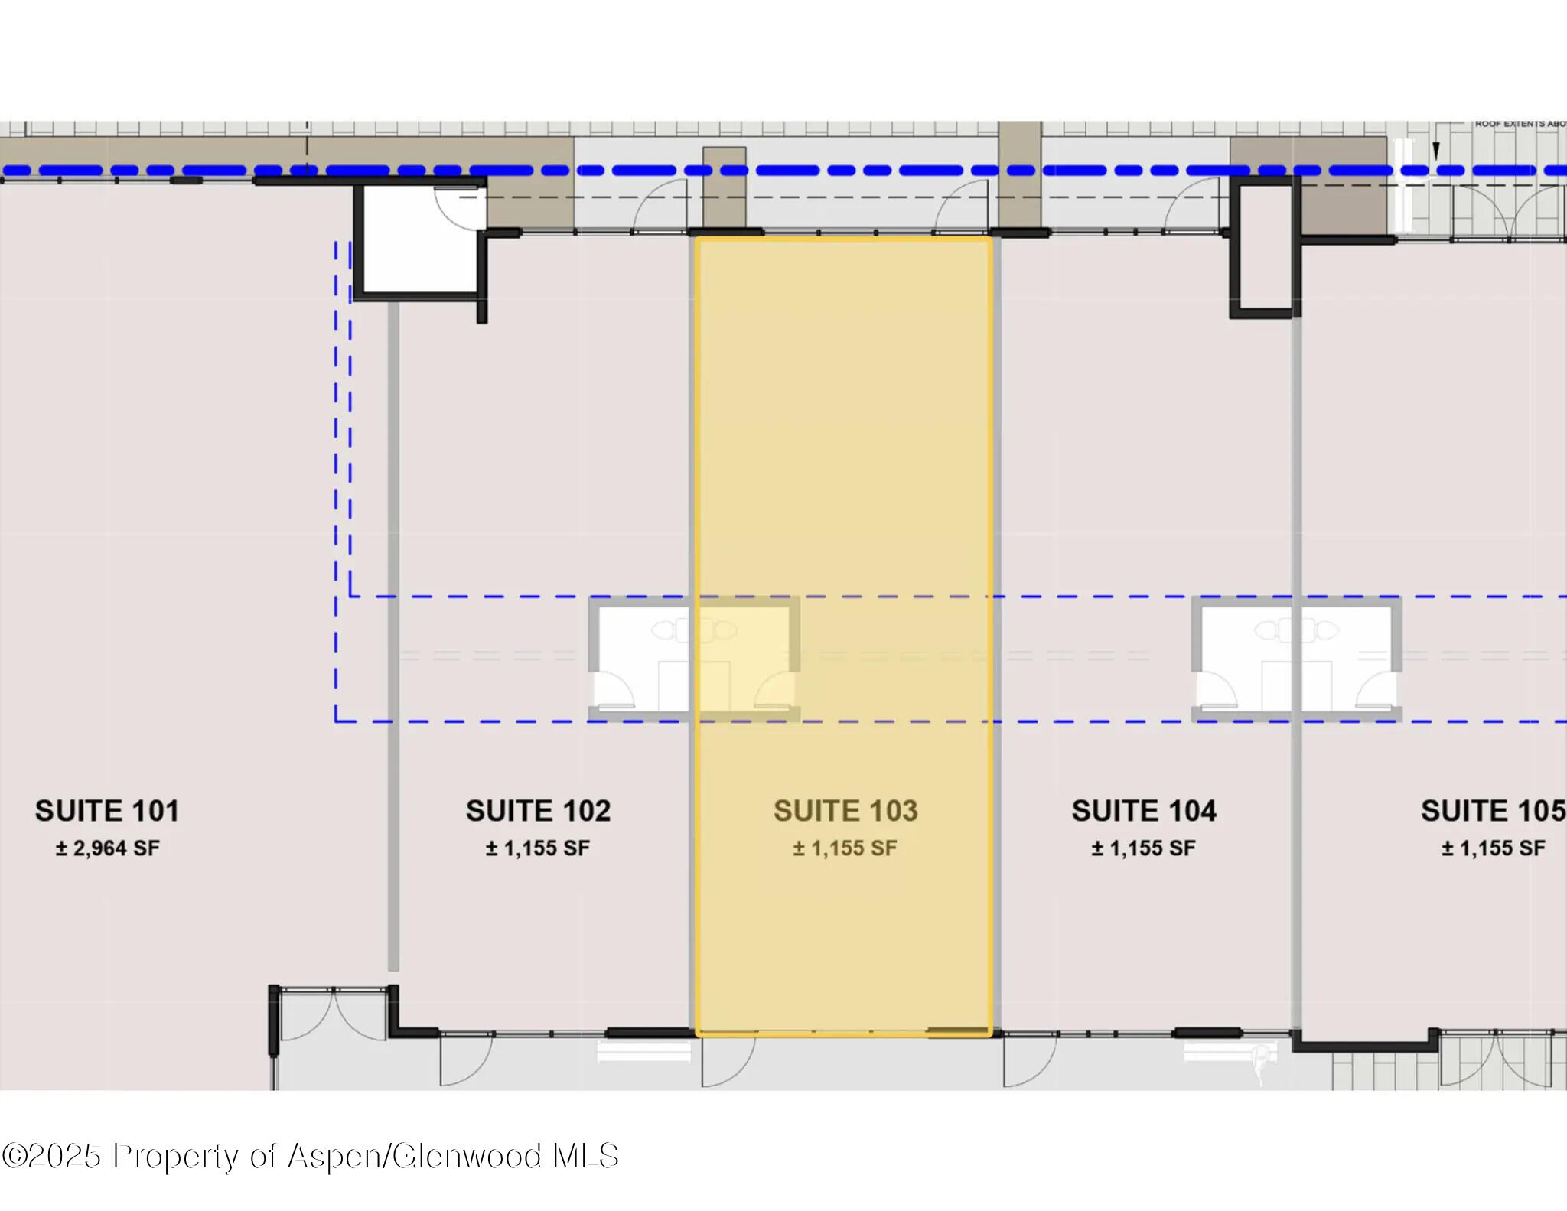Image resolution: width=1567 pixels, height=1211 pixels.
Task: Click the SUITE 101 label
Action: click(107, 811)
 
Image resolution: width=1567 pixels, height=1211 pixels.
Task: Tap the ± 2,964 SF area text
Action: click(107, 848)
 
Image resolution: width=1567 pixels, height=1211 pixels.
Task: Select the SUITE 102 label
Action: click(538, 811)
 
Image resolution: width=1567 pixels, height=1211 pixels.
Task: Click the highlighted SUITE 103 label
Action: click(845, 811)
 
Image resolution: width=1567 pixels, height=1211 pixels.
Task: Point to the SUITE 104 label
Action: click(1143, 811)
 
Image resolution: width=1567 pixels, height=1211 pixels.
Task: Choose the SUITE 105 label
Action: click(1492, 811)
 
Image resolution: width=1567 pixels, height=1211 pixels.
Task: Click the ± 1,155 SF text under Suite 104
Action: click(1143, 848)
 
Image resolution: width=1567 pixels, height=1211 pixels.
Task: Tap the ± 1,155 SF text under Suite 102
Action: click(538, 848)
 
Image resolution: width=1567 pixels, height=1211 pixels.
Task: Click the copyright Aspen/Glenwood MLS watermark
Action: click(310, 1156)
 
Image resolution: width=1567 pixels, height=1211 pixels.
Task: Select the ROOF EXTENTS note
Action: click(1520, 124)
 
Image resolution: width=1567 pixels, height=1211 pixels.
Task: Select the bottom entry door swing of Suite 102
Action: click(465, 1059)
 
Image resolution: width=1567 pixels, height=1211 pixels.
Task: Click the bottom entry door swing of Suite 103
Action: click(727, 1059)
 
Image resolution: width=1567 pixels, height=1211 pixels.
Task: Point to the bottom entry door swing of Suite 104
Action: click(1029, 1059)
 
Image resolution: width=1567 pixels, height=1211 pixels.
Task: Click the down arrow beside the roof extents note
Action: click(1435, 151)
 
